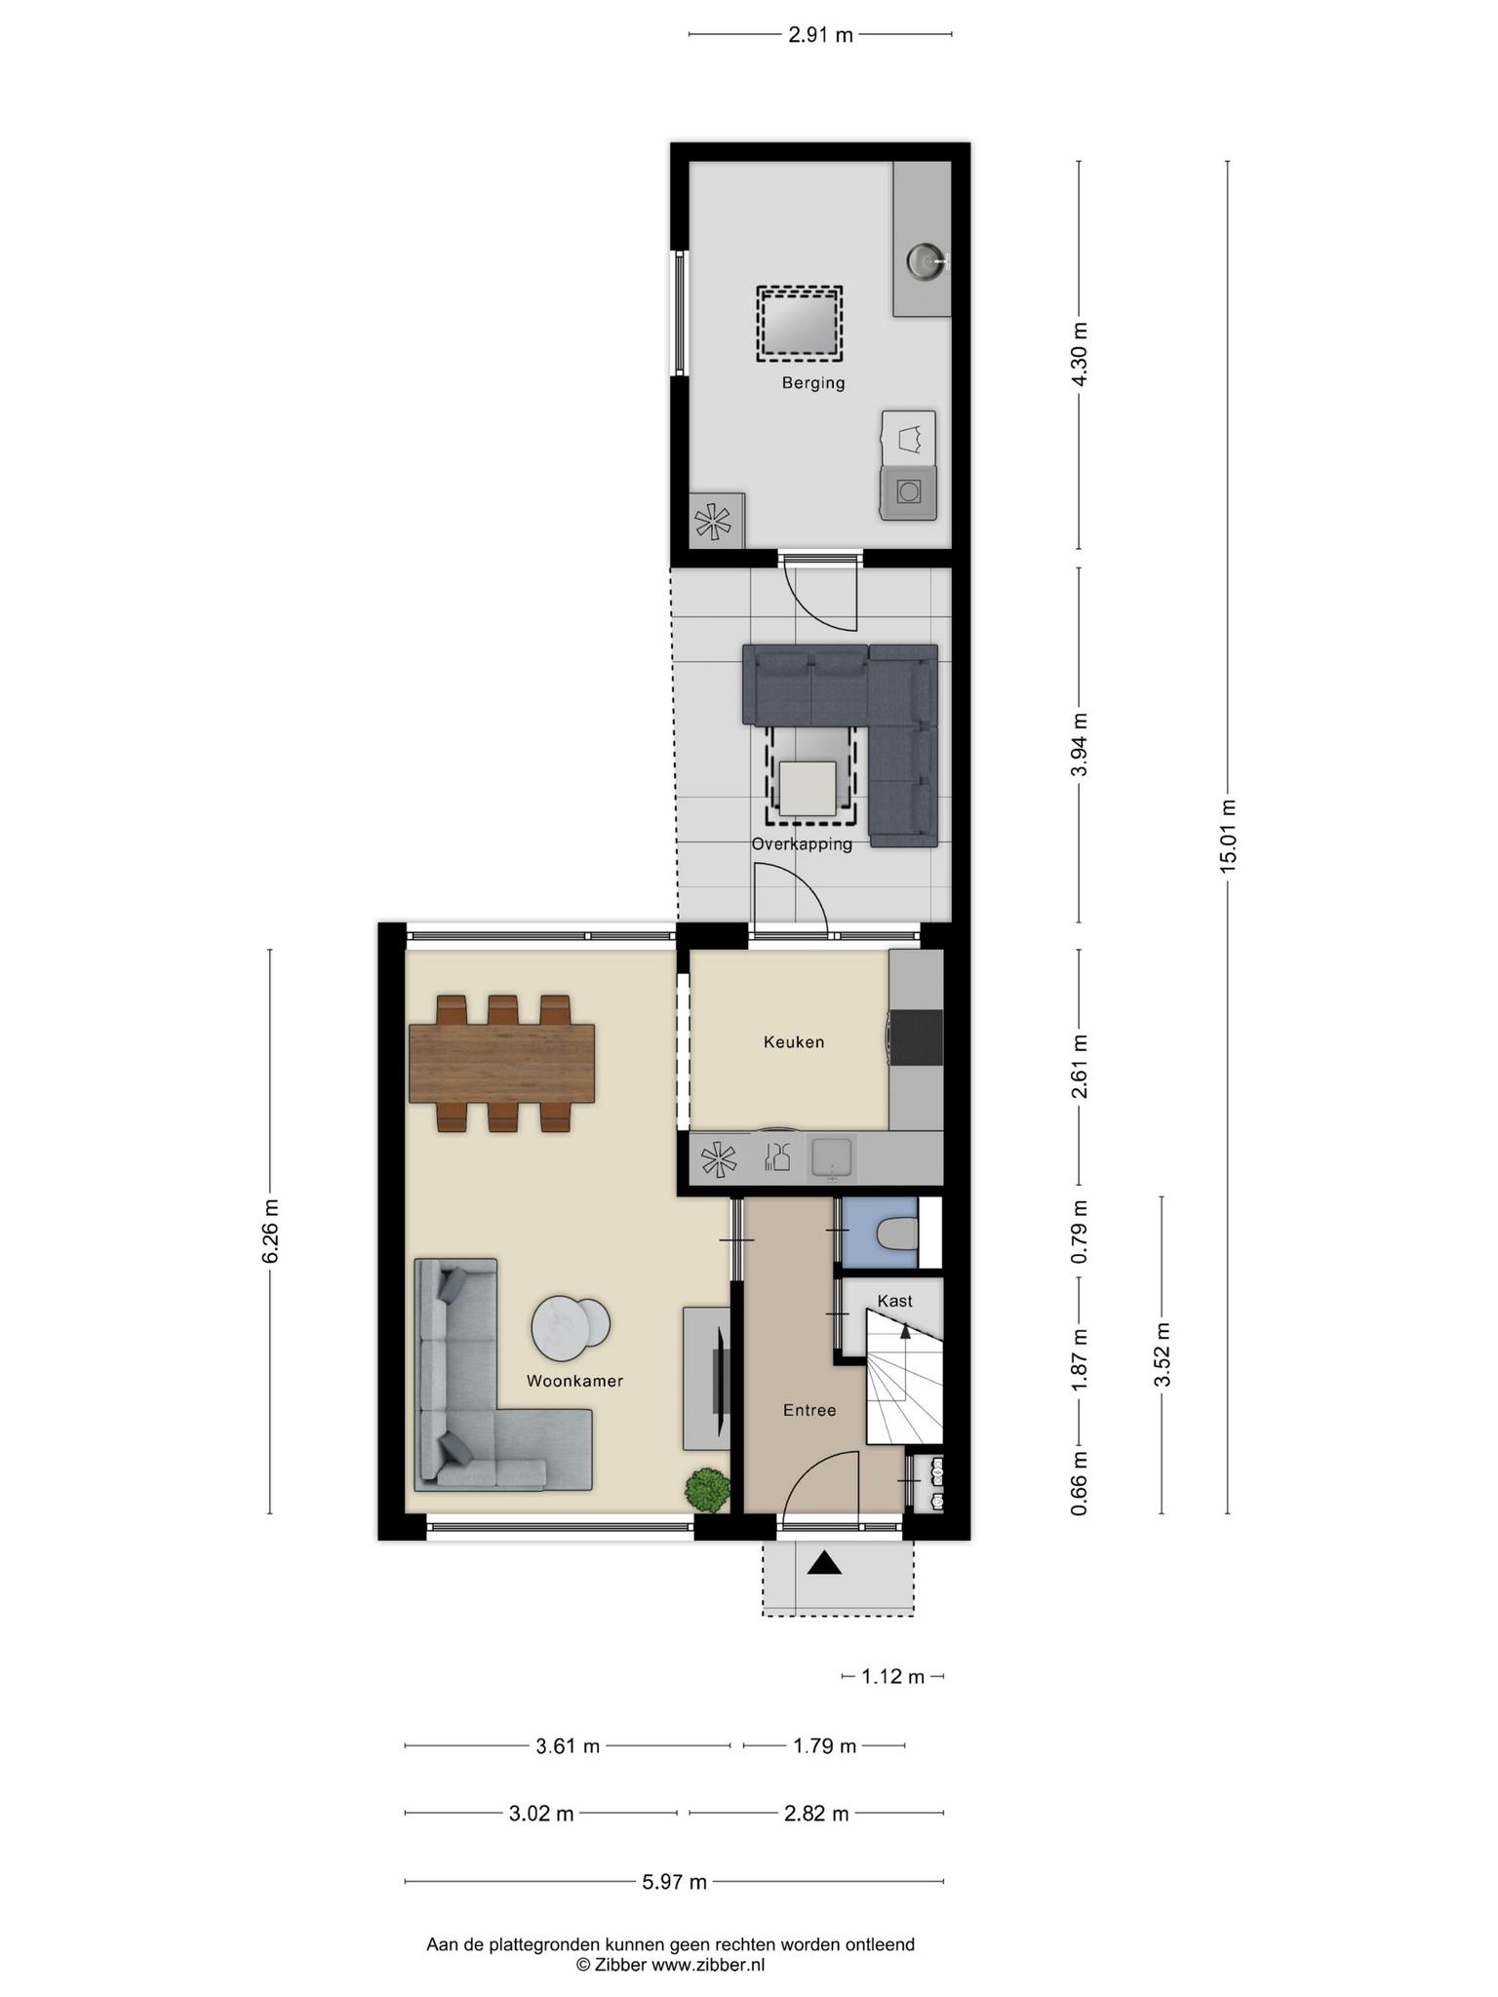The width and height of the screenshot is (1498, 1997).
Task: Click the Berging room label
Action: click(x=813, y=383)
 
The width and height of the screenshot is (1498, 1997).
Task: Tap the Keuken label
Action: click(x=794, y=1042)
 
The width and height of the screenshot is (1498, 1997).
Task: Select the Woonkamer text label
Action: click(x=574, y=1381)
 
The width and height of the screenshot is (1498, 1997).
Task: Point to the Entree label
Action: click(x=809, y=1410)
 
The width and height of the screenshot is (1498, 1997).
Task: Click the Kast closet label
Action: click(x=894, y=1301)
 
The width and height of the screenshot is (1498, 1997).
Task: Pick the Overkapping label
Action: click(x=802, y=844)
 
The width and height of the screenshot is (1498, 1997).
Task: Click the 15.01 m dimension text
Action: click(x=1228, y=837)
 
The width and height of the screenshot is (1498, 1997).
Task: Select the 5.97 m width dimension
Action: click(x=674, y=1882)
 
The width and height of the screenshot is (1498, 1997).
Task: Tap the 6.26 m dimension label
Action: click(x=270, y=1232)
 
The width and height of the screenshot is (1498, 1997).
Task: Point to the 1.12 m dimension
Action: click(x=892, y=1677)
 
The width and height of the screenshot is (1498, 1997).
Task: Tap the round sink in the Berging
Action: click(x=925, y=260)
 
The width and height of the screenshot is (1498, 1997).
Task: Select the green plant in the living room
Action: click(x=707, y=1489)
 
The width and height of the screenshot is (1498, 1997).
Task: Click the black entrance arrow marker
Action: click(x=824, y=1563)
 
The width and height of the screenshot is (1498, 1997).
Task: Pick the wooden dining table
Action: click(x=502, y=1063)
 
